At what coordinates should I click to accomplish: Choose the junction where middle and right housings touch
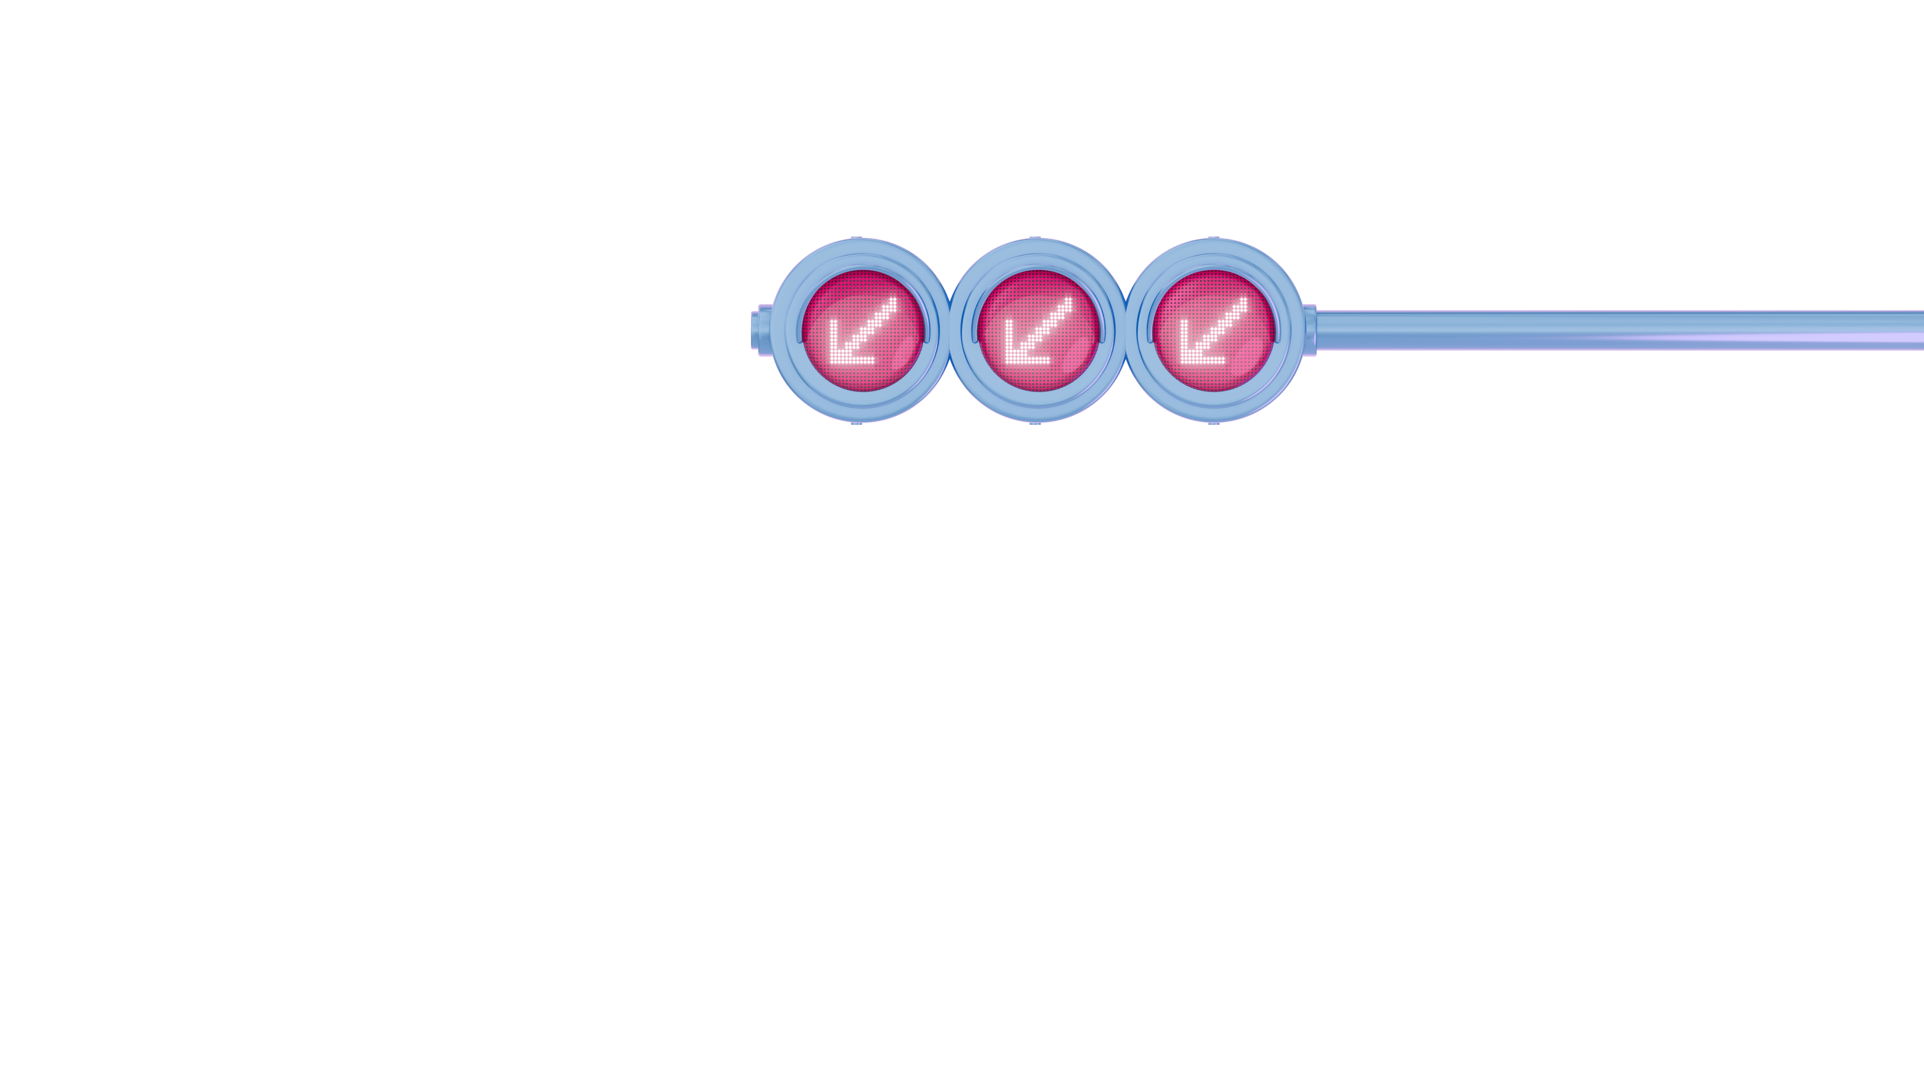(x=1125, y=330)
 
